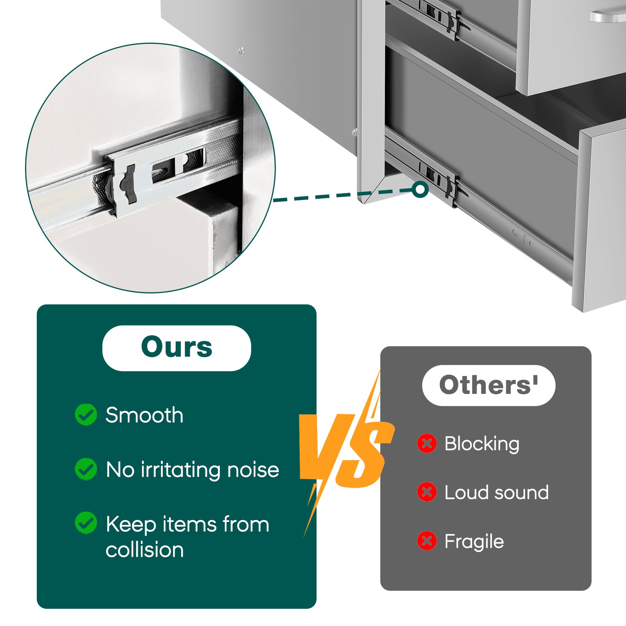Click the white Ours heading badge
176,348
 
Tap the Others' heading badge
488,385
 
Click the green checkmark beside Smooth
86,415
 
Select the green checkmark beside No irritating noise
86,469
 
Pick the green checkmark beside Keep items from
86,523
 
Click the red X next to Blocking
427,444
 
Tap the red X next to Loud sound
427,492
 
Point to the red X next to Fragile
427,541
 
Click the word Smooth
144,415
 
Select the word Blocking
482,444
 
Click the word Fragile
474,542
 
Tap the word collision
145,550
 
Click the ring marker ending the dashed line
420,189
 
